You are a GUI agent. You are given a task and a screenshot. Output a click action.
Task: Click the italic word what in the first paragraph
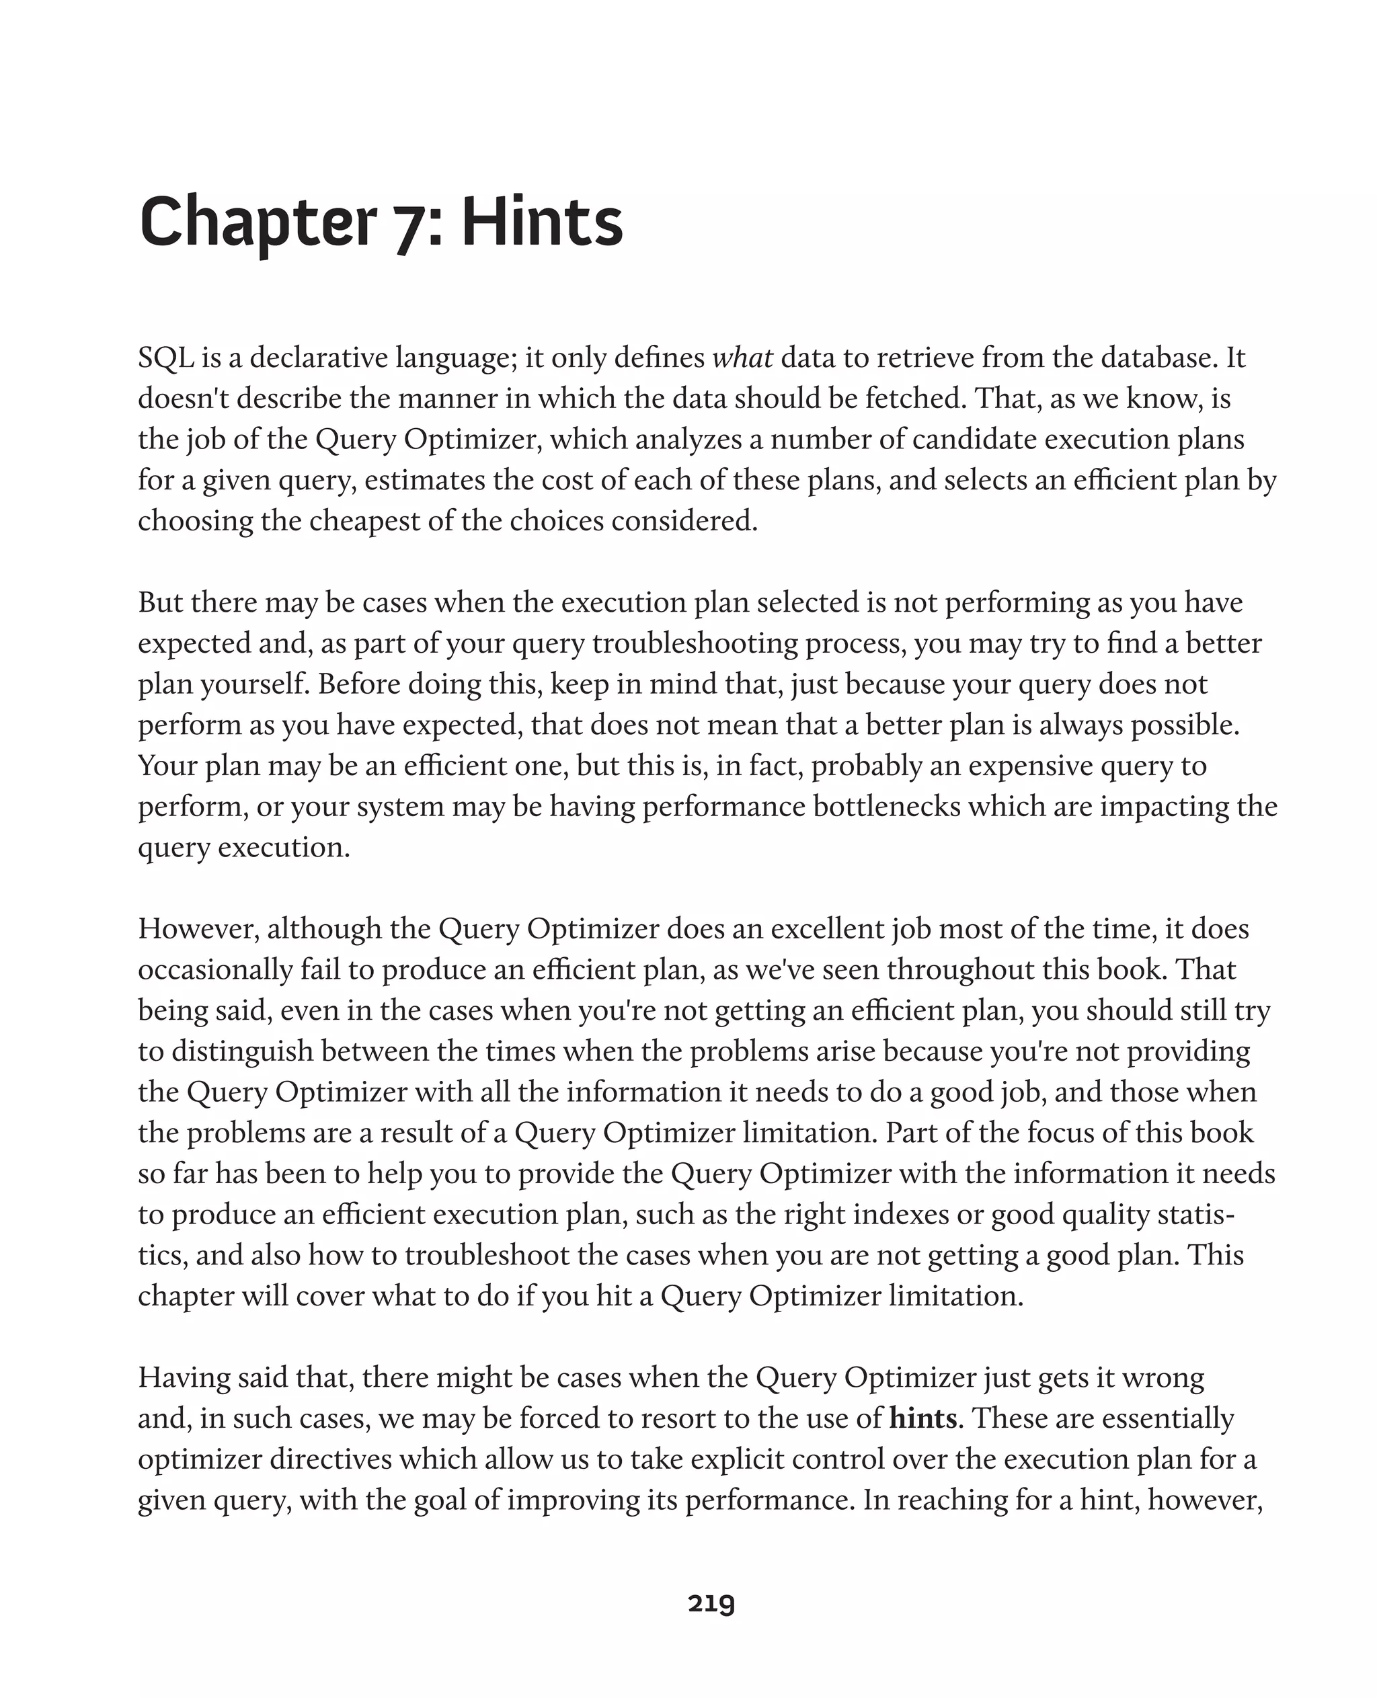pyautogui.click(x=742, y=358)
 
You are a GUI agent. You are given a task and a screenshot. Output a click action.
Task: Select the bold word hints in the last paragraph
pyautogui.click(x=922, y=1418)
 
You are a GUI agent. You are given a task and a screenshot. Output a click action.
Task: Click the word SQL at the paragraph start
pyautogui.click(x=166, y=358)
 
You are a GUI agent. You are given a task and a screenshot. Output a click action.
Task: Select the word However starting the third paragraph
pyautogui.click(x=198, y=929)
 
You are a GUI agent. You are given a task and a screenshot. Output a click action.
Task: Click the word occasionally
pyautogui.click(x=216, y=970)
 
